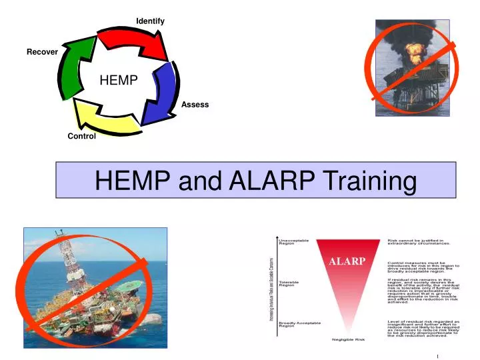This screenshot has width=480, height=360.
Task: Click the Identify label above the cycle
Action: [x=150, y=21]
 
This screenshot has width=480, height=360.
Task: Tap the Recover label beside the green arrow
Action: [x=42, y=52]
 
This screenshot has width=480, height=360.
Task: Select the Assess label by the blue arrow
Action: [x=195, y=105]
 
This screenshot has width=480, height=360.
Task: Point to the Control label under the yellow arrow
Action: [x=81, y=136]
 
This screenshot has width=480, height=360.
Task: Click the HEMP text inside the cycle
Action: [x=119, y=81]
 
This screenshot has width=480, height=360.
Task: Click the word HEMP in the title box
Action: [x=133, y=181]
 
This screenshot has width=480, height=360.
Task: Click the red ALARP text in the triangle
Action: [x=347, y=261]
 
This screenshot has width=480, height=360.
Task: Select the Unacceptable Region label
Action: [x=293, y=242]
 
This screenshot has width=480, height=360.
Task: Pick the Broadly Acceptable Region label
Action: [x=299, y=324]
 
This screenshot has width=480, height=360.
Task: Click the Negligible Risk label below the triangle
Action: [x=349, y=339]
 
